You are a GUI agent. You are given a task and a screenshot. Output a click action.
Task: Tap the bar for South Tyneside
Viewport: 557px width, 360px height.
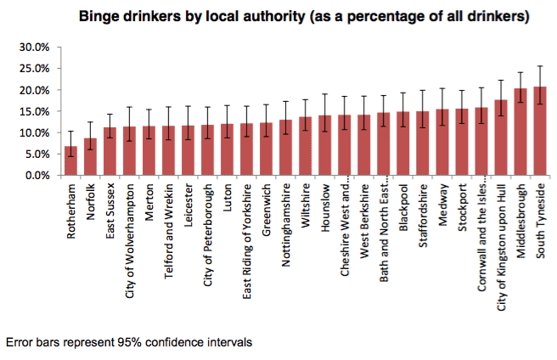pyautogui.click(x=539, y=132)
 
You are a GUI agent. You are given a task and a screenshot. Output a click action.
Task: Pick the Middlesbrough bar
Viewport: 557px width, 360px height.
pyautogui.click(x=520, y=132)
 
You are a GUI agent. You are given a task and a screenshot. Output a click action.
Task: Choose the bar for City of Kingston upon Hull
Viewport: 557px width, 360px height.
pyautogui.click(x=500, y=138)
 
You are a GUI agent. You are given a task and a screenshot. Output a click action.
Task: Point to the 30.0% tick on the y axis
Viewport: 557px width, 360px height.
pyautogui.click(x=37, y=47)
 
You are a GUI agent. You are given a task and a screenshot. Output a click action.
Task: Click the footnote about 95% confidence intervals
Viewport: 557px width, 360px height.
pyautogui.click(x=128, y=342)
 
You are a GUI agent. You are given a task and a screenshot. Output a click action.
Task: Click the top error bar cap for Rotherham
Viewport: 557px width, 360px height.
pyautogui.click(x=70, y=131)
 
